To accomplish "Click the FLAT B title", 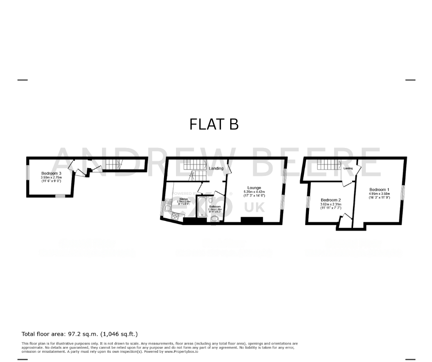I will [214, 124].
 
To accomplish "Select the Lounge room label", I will [254, 188].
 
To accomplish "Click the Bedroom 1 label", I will [379, 190].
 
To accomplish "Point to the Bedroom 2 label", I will [330, 200].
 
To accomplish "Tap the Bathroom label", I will [215, 207].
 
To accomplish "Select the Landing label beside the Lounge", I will [216, 169].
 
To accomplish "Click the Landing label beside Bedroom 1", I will [348, 169].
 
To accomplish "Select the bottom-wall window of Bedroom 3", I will [61, 196].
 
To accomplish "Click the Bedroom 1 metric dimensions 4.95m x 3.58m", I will [379, 194].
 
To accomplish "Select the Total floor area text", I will [80, 334].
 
